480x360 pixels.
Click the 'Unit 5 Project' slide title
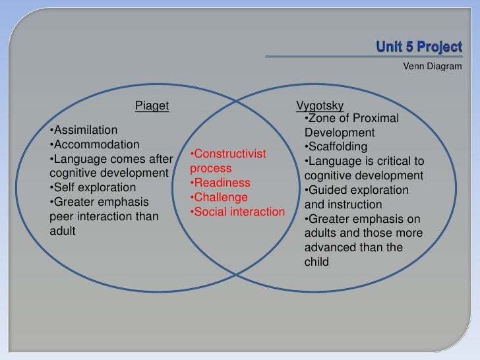click(419, 47)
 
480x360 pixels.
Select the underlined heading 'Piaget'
click(152, 105)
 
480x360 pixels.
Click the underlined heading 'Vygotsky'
click(320, 105)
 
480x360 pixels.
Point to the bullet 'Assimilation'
click(83, 130)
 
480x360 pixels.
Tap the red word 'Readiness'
click(220, 183)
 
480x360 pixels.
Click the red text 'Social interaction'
click(237, 212)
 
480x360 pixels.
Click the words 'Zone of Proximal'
click(353, 118)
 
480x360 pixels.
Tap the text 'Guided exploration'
click(356, 190)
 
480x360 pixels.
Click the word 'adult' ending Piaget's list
click(63, 231)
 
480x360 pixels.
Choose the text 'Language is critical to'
click(364, 161)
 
